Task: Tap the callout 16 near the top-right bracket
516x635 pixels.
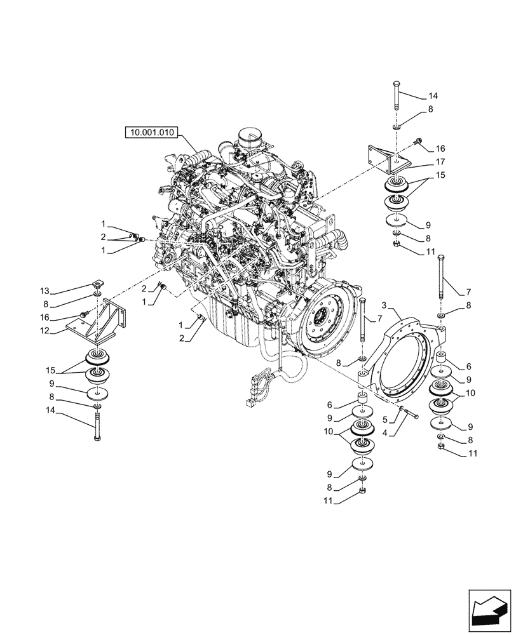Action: point(440,148)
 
